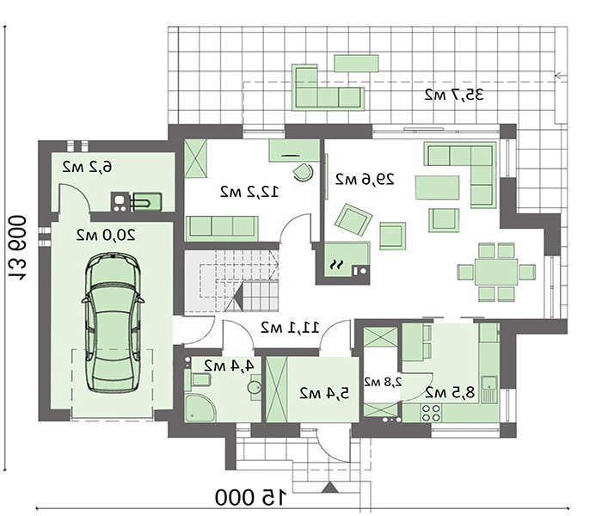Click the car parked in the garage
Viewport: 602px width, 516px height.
[x=113, y=322]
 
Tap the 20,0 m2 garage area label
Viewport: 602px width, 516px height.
[x=106, y=235]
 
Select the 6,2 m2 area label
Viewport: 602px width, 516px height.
[x=88, y=167]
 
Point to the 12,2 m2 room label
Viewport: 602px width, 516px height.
[x=249, y=192]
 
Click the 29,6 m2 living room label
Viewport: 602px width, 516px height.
[x=365, y=179]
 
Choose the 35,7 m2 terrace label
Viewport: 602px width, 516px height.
[x=454, y=95]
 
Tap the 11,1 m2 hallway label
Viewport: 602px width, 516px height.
[x=290, y=328]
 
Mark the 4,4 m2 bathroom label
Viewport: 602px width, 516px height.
[x=230, y=365]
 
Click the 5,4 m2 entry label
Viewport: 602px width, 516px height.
[x=324, y=393]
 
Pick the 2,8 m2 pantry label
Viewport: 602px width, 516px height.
[x=383, y=382]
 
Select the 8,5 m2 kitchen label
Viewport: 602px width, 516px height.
[x=450, y=392]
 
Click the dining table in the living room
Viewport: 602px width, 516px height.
[x=496, y=273]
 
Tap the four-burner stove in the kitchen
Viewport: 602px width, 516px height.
[x=431, y=413]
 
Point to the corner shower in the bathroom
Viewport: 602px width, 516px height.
[x=200, y=408]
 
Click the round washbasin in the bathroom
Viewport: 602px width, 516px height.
[x=255, y=387]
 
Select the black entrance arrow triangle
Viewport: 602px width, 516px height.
[x=329, y=488]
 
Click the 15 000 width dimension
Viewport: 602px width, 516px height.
[x=251, y=497]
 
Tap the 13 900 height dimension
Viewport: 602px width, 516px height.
[x=17, y=249]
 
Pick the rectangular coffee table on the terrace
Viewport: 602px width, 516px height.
[x=356, y=64]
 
